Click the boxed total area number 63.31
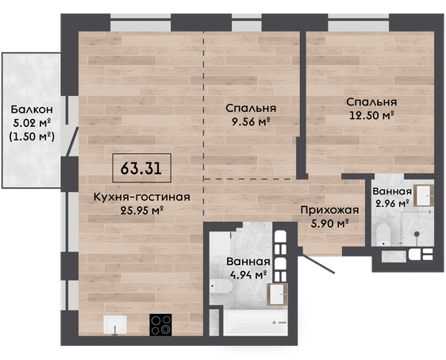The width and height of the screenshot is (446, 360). [141, 168]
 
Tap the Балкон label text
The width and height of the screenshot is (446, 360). [32, 109]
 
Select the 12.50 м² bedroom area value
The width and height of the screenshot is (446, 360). [371, 115]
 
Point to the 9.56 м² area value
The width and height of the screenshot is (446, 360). [251, 121]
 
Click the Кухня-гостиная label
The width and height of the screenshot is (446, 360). [141, 197]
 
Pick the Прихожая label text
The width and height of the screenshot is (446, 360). [329, 211]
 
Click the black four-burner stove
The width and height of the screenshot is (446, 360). [161, 325]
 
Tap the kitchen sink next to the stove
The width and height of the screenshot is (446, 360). [115, 325]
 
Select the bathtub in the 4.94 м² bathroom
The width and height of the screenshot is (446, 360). [255, 323]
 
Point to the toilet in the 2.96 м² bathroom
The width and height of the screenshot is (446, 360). [383, 235]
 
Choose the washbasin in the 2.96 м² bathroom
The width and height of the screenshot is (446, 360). [424, 196]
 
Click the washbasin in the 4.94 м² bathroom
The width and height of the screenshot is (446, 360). [277, 294]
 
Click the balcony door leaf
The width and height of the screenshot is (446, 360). [72, 141]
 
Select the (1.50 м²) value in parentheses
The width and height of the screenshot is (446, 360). [32, 136]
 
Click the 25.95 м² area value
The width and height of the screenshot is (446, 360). [141, 211]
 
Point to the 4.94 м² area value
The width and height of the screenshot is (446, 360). [248, 275]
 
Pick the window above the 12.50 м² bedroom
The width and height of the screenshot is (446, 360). [359, 22]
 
